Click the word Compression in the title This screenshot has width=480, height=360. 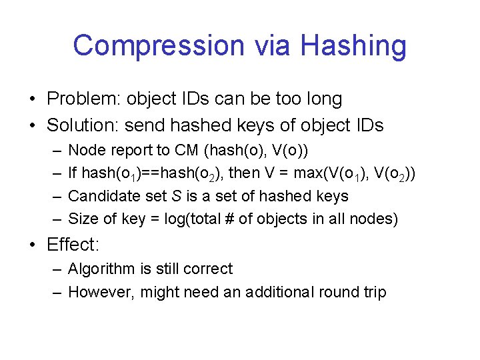click(159, 46)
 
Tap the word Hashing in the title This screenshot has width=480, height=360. click(353, 46)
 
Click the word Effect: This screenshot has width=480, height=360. click(73, 245)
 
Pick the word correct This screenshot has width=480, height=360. click(211, 269)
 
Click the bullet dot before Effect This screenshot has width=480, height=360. click(32, 245)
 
